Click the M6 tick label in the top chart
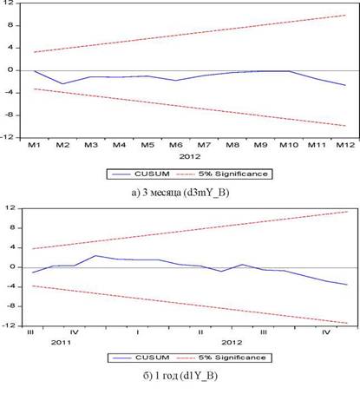(x=175, y=145)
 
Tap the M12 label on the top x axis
(x=345, y=145)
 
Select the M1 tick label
(x=34, y=145)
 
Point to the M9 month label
(x=260, y=145)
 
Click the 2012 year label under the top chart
(x=190, y=156)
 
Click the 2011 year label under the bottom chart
(x=61, y=343)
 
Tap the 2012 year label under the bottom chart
(x=232, y=343)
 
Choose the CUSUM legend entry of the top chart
(x=141, y=174)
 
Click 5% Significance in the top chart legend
(x=222, y=174)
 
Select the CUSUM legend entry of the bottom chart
(x=141, y=358)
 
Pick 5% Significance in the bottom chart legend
(x=221, y=358)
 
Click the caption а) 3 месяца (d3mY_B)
(x=180, y=193)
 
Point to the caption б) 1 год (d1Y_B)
(x=180, y=376)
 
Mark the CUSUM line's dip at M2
(x=62, y=84)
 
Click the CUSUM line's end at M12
(x=345, y=85)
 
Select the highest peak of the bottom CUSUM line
(x=95, y=255)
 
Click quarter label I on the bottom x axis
(x=138, y=332)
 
